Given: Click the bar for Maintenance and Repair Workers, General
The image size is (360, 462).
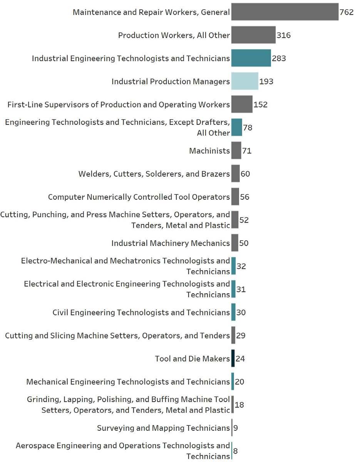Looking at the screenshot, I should (x=285, y=12).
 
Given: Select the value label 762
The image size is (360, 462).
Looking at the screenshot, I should (x=346, y=12).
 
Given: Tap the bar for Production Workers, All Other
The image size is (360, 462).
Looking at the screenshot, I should (x=253, y=35).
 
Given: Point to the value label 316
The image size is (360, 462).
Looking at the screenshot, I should (x=283, y=35).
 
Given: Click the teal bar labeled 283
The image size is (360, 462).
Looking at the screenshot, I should (x=251, y=59).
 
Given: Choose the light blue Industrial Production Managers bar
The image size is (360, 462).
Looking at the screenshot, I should (x=244, y=82).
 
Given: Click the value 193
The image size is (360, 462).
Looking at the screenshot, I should (x=266, y=82).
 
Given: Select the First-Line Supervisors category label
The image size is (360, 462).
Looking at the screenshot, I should (x=119, y=105).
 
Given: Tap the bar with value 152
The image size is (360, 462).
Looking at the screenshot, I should (x=242, y=105).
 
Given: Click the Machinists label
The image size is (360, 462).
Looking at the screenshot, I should (x=209, y=151).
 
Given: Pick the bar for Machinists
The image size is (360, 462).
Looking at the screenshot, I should (x=236, y=151).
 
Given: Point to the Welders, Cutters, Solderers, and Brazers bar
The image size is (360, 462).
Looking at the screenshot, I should (x=235, y=174).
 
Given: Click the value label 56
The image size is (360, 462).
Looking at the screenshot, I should (x=245, y=197).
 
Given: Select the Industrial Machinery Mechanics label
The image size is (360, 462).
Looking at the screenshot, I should (x=170, y=243).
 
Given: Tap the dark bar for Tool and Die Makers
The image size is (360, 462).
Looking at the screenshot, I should (x=233, y=359).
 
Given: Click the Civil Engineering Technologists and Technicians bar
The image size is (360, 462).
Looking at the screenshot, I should (x=233, y=313).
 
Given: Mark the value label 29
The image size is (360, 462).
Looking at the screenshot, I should (x=241, y=336).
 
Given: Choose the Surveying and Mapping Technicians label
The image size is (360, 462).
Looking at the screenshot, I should (x=163, y=428).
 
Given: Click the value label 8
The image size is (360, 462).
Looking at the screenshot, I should (x=235, y=451).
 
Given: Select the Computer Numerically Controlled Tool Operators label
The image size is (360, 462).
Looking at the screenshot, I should (x=139, y=197).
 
